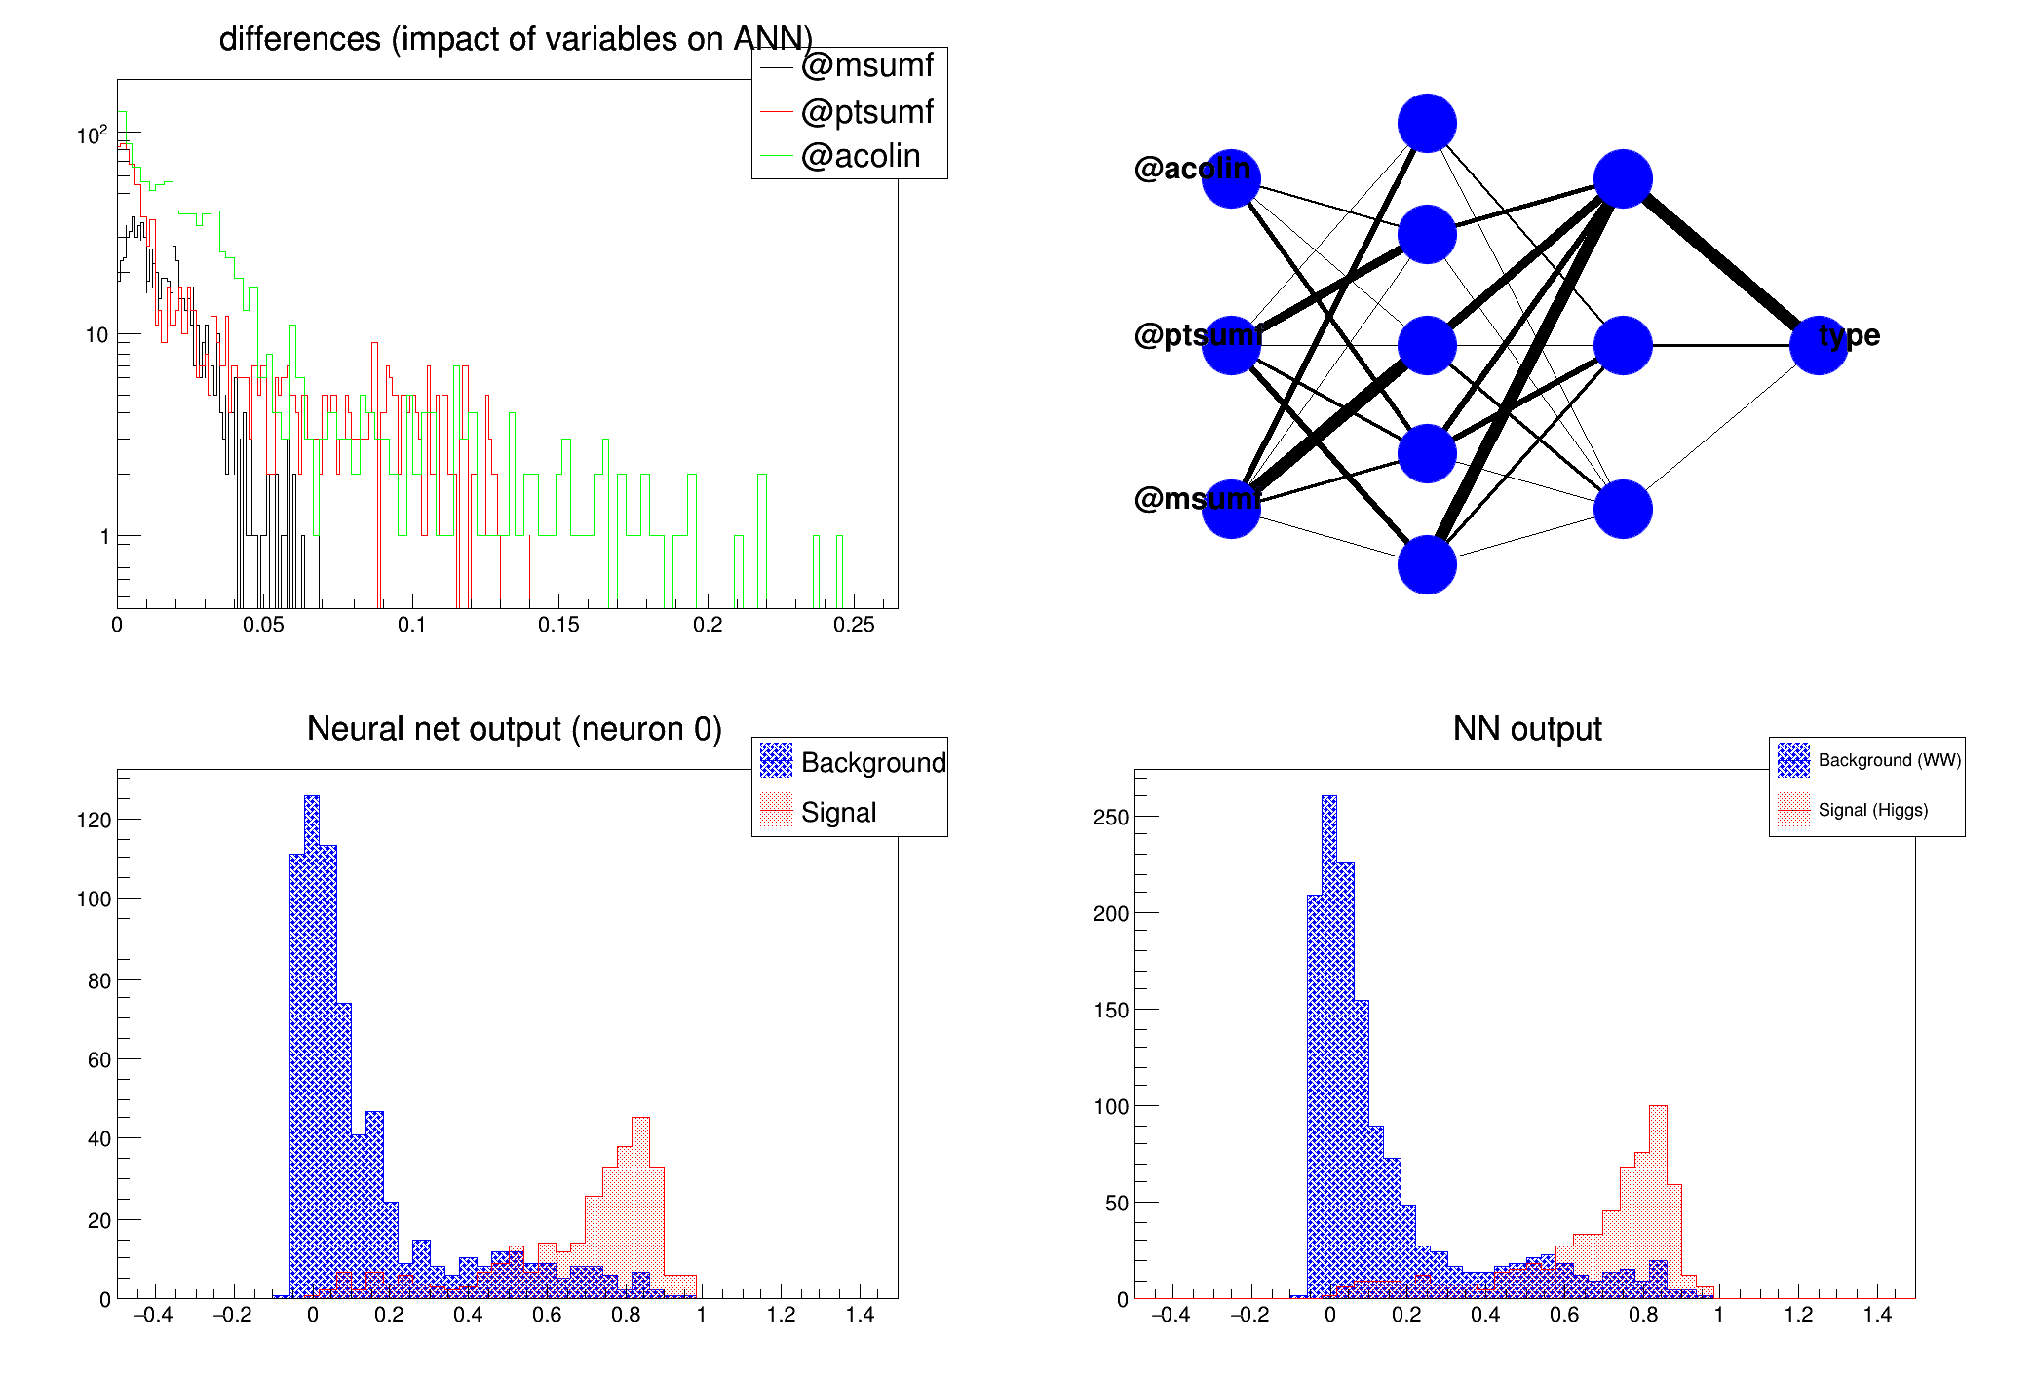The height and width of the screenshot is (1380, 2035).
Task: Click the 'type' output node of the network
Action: pyautogui.click(x=1819, y=345)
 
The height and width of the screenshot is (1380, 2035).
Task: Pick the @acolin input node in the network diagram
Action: pyautogui.click(x=1231, y=178)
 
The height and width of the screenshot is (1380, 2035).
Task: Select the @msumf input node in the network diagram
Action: pyautogui.click(x=1231, y=509)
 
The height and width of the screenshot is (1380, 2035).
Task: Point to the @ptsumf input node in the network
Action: pyautogui.click(x=1231, y=345)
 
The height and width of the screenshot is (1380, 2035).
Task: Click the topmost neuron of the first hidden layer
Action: pyautogui.click(x=1427, y=124)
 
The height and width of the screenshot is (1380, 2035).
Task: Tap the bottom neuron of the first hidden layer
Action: pyautogui.click(x=1427, y=564)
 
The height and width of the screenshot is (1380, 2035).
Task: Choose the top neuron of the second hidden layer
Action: pyautogui.click(x=1623, y=178)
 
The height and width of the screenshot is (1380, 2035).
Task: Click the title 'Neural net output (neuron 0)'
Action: pyautogui.click(x=514, y=729)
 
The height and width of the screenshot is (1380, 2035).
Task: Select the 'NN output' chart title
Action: pyautogui.click(x=1526, y=729)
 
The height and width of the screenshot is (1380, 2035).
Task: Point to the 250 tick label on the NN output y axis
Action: pyautogui.click(x=1110, y=817)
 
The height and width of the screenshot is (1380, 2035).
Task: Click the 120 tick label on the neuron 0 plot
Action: pyautogui.click(x=94, y=821)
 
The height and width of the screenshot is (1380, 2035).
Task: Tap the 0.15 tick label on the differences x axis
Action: pyautogui.click(x=558, y=625)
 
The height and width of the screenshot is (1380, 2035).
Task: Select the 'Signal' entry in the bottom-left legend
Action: pyautogui.click(x=838, y=812)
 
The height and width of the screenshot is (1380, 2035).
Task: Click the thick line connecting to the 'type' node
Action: pyautogui.click(x=1721, y=262)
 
